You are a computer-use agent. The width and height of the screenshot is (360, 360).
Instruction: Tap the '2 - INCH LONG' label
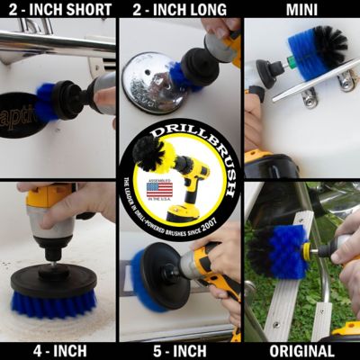(178, 10)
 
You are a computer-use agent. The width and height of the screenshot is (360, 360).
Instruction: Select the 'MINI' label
(300, 10)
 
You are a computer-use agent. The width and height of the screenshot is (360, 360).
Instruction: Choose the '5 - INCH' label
(178, 350)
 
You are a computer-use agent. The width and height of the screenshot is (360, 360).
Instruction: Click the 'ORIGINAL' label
(300, 350)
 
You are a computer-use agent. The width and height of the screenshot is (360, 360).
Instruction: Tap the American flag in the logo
(158, 189)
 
